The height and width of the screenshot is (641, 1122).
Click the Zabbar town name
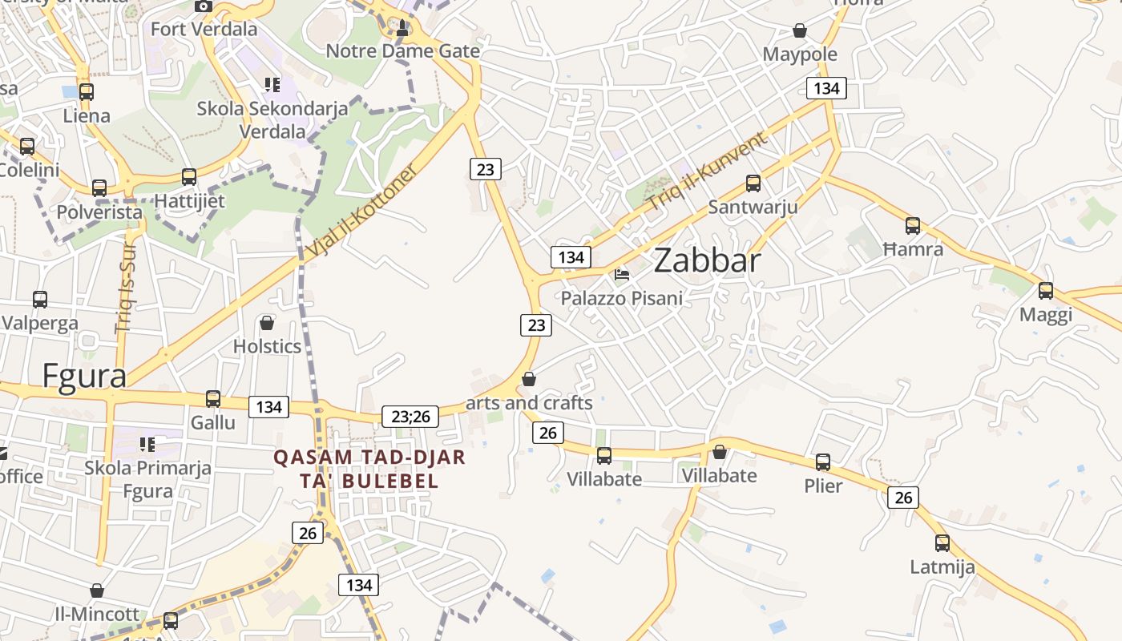(x=707, y=261)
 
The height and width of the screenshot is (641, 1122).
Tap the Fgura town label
(x=83, y=375)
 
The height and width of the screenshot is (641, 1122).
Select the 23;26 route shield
(x=410, y=417)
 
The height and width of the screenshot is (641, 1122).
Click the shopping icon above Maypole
(x=799, y=30)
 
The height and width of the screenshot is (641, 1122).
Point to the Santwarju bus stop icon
(x=753, y=183)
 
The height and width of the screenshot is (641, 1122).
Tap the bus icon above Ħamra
(x=913, y=226)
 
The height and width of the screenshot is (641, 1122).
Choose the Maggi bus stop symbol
(x=1046, y=291)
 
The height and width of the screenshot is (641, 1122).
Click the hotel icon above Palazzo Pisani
(x=622, y=274)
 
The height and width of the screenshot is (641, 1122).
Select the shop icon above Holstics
(x=267, y=323)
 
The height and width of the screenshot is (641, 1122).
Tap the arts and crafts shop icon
(x=529, y=378)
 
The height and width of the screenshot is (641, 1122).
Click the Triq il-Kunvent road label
(x=707, y=171)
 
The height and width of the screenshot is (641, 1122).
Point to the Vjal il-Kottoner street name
(x=362, y=212)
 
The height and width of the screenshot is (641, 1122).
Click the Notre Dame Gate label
(x=402, y=51)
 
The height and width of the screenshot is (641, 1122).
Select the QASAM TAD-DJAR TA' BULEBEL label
(x=369, y=469)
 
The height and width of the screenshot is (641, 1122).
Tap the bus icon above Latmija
(x=942, y=543)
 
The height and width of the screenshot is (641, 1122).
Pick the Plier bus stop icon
(x=823, y=462)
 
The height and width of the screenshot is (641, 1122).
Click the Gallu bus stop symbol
(x=213, y=398)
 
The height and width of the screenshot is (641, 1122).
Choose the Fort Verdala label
(x=204, y=30)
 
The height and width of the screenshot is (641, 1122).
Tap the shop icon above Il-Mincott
(x=97, y=591)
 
